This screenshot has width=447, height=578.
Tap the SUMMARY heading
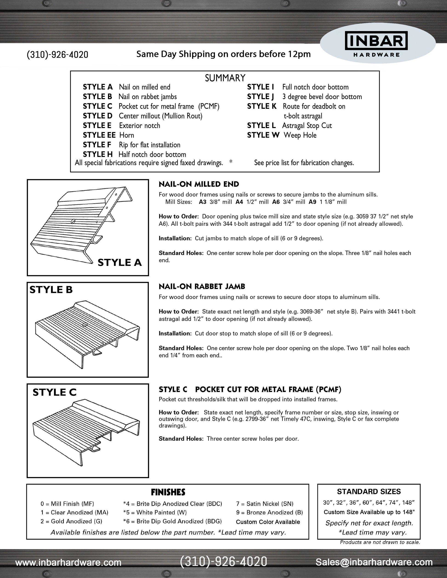click(x=225, y=78)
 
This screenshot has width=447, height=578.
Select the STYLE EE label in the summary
click(x=99, y=135)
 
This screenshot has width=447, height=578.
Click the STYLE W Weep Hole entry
click(x=282, y=135)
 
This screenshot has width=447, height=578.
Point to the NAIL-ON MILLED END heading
click(x=199, y=184)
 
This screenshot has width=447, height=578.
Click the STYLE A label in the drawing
click(x=120, y=263)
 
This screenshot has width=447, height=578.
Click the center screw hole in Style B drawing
click(x=85, y=324)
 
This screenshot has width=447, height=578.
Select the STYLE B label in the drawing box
click(x=51, y=290)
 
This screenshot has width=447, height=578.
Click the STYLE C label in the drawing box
click(x=54, y=392)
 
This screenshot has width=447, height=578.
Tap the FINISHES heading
click(x=168, y=492)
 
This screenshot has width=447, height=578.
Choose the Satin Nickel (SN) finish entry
click(x=265, y=504)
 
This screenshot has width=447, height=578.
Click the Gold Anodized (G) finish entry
click(x=71, y=521)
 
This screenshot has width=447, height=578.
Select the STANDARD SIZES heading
click(x=369, y=492)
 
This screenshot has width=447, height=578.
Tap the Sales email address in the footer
click(x=374, y=562)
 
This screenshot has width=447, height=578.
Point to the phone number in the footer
click(x=223, y=562)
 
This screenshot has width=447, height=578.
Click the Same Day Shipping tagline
click(x=223, y=54)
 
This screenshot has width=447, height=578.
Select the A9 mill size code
click(x=312, y=202)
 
